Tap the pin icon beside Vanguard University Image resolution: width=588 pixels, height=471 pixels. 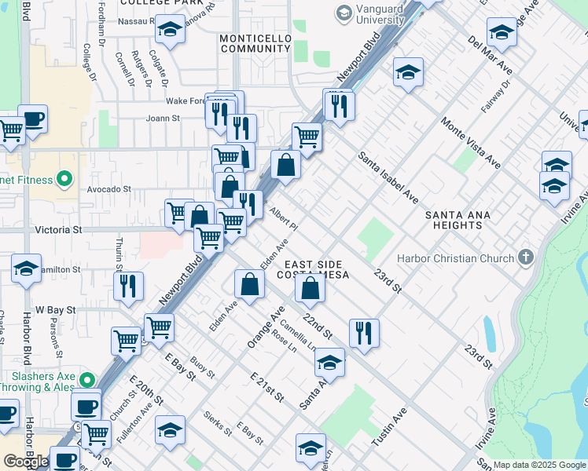pyautogui.click(x=344, y=13)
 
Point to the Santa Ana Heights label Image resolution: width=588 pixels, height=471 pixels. pyautogui.click(x=464, y=220)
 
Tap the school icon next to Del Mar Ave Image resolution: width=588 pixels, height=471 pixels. pyautogui.click(x=502, y=33)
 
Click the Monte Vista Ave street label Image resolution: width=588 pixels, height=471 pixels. pyautogui.click(x=470, y=143)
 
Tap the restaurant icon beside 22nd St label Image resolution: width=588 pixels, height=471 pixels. pyautogui.click(x=364, y=333)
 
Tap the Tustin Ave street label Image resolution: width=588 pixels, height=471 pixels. pyautogui.click(x=388, y=426)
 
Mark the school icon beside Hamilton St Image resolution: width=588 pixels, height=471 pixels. pyautogui.click(x=26, y=268)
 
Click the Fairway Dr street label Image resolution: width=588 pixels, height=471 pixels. pyautogui.click(x=500, y=95)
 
